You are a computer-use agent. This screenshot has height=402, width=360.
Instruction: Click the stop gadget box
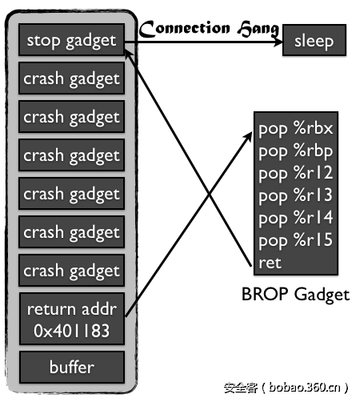(x=71, y=40)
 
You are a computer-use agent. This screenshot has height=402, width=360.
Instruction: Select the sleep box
(x=314, y=41)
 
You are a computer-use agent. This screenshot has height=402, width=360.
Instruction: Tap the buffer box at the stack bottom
(x=71, y=368)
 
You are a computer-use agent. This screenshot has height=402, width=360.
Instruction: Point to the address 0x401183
(x=71, y=329)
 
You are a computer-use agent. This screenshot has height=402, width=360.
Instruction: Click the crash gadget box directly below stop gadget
(x=71, y=78)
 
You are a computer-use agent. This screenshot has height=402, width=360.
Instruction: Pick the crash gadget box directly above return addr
(x=71, y=271)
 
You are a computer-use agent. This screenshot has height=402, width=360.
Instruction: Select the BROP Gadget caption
(x=295, y=295)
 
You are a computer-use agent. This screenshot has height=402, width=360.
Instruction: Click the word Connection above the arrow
(x=182, y=29)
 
